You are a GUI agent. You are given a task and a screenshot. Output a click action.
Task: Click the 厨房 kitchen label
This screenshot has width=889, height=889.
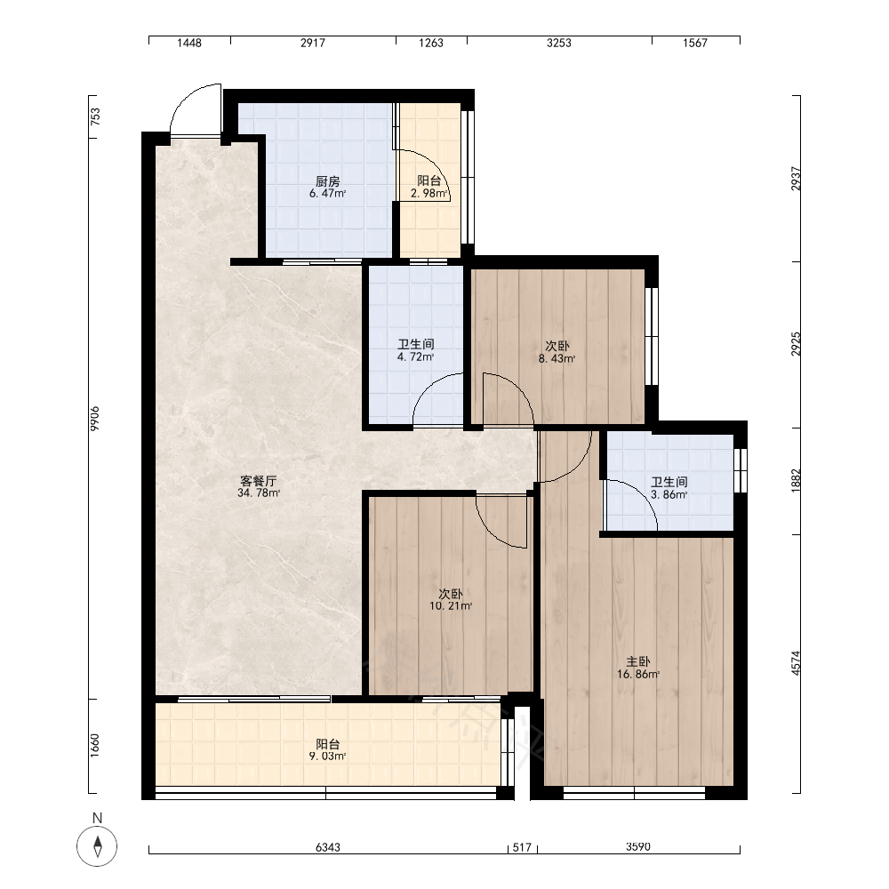tap(328, 181)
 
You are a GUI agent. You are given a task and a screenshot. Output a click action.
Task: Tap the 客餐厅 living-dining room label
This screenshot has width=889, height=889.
tap(259, 481)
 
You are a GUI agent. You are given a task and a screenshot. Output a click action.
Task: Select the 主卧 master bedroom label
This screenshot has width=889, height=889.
tap(637, 661)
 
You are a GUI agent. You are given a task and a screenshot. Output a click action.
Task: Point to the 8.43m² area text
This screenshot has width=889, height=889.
tap(557, 358)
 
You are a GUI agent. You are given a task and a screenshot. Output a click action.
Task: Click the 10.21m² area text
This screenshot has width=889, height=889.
tap(451, 606)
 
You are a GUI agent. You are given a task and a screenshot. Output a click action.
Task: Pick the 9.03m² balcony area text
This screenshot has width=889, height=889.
tap(328, 757)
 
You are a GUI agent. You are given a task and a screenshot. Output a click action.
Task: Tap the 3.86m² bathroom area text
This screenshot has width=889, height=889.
tap(669, 494)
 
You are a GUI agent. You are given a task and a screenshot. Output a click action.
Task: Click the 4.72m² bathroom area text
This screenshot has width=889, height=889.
tap(415, 357)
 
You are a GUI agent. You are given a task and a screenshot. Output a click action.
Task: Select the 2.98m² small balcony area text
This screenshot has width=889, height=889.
tap(429, 193)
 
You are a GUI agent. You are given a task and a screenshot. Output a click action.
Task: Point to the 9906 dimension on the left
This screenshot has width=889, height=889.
tap(95, 419)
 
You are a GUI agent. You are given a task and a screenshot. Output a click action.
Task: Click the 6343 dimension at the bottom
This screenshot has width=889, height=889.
tap(328, 847)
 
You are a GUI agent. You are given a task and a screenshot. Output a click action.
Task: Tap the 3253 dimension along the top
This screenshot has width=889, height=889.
tap(559, 43)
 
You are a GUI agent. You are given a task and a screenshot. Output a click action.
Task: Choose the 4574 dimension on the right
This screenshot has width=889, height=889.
tap(796, 663)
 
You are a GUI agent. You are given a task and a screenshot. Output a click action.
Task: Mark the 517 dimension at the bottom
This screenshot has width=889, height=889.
tap(522, 847)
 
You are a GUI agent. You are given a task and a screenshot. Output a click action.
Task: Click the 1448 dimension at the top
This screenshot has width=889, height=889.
tap(188, 43)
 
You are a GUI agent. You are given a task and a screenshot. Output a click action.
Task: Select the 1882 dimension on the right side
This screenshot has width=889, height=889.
tap(796, 481)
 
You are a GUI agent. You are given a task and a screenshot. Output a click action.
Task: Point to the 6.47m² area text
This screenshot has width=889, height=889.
tap(328, 193)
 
